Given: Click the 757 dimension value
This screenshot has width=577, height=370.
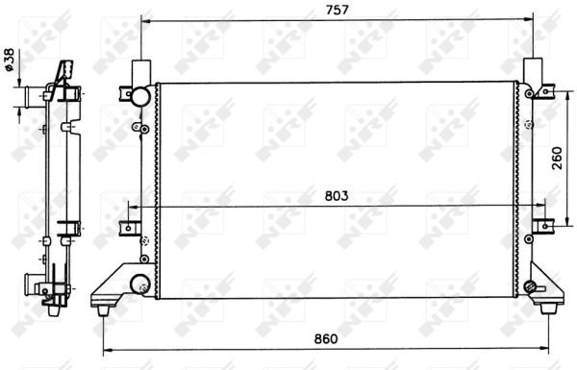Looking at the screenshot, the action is point(337,10).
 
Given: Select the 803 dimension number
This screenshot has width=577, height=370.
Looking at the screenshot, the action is point(337,196).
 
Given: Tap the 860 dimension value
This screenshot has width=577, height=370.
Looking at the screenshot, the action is point(326,338).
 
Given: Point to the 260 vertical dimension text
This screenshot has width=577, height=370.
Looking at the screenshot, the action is point(557,158).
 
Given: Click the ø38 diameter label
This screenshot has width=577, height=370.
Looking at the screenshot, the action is point(9,60).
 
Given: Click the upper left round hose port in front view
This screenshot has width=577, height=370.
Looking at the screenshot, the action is point(140,96).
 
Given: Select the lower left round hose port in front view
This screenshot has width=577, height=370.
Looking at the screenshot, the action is point(139,284).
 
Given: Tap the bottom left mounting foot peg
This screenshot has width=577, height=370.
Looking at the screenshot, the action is point(103,310).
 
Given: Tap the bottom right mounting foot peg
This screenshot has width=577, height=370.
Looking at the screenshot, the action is point(548,308).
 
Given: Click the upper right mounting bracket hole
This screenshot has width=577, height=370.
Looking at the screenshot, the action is point(546,91).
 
